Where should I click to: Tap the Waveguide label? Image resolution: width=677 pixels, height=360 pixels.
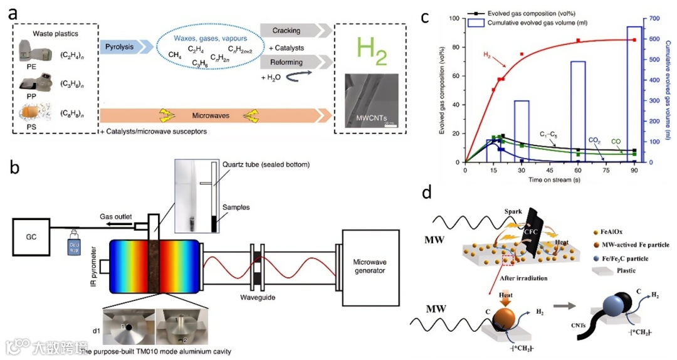(x=258, y=297)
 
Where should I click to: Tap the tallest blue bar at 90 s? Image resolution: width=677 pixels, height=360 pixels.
(x=635, y=94)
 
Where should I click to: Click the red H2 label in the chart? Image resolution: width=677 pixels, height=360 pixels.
(x=487, y=55)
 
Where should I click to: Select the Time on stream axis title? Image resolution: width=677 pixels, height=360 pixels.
(x=552, y=179)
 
